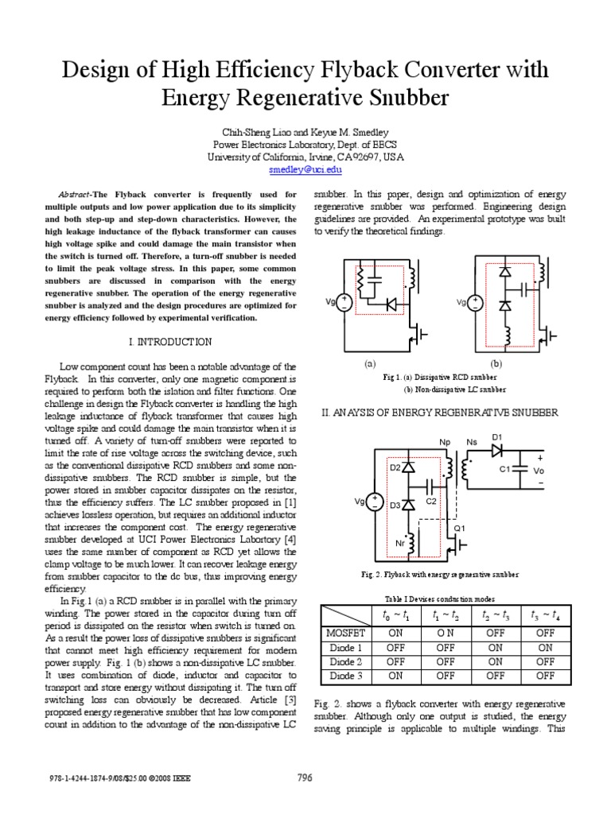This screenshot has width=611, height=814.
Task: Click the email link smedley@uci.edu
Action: [305, 169]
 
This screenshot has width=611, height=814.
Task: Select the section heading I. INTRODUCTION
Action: [170, 342]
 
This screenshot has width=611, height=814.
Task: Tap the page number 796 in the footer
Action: [305, 777]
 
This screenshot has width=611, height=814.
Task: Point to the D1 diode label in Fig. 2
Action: [497, 437]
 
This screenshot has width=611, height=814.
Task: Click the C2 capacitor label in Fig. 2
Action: [431, 502]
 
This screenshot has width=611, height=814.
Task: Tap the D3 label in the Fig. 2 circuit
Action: [395, 506]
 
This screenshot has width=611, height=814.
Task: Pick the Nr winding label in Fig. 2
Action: [400, 544]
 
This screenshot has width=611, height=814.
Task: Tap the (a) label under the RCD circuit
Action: [369, 363]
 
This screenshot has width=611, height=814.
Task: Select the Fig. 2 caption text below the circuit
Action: [441, 573]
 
